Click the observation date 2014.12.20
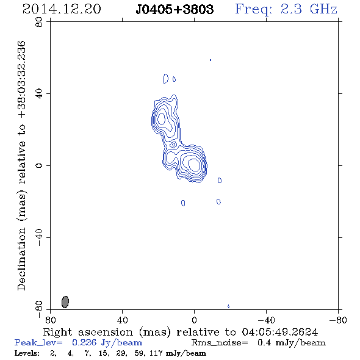[x=62, y=9]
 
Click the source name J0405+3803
[x=175, y=9]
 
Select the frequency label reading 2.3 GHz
[x=309, y=9]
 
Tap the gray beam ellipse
[x=65, y=302]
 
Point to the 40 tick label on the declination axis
[x=39, y=94]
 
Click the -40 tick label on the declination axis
[x=39, y=237]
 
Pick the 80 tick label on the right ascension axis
[x=50, y=320]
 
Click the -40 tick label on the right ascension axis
[x=266, y=320]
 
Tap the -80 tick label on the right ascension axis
[x=338, y=320]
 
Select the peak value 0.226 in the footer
[x=84, y=342]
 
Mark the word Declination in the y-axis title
[x=21, y=259]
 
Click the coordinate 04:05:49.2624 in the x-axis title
[x=280, y=332]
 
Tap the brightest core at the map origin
[x=194, y=165]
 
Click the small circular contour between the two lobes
[x=173, y=145]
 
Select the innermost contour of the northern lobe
[x=162, y=119]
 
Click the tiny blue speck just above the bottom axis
[x=228, y=306]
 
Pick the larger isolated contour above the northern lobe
[x=165, y=79]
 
